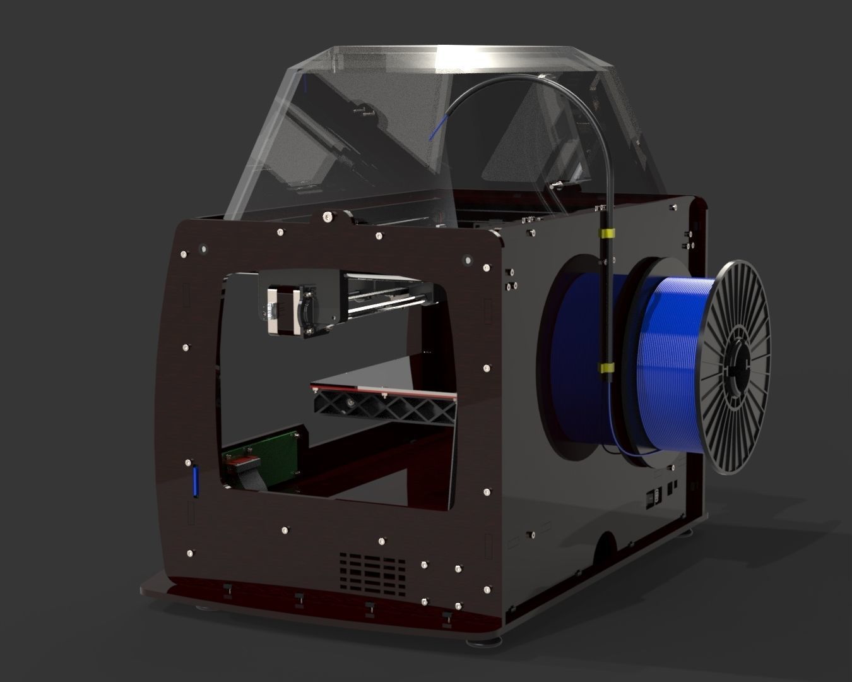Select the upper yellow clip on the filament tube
point(606,234)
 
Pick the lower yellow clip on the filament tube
point(607,367)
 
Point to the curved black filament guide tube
point(568,107)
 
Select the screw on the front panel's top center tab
point(327,217)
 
